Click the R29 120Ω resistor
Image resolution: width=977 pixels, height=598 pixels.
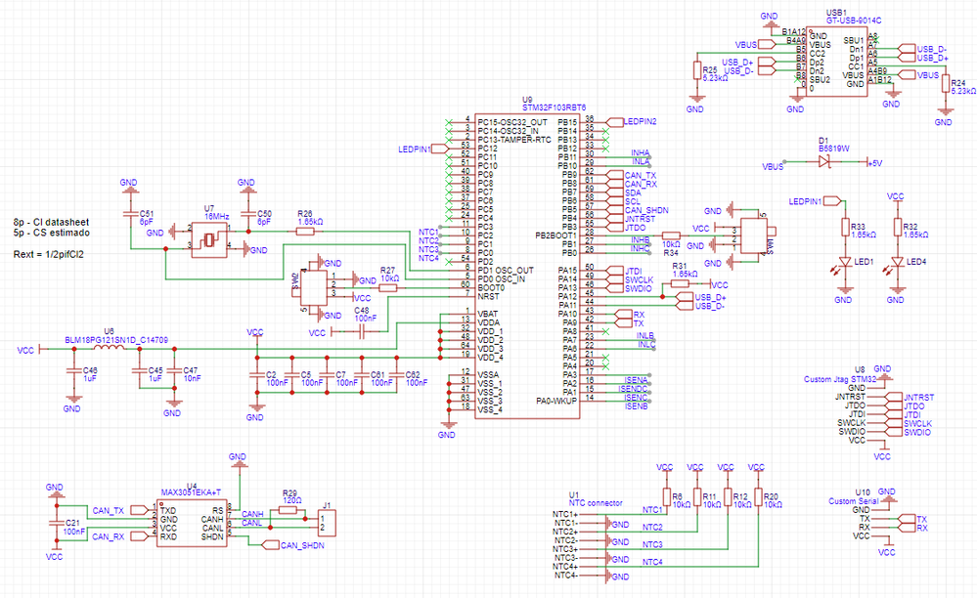[289, 510]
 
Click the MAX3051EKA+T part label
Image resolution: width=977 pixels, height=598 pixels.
[191, 493]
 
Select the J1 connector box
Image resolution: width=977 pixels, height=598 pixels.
[329, 523]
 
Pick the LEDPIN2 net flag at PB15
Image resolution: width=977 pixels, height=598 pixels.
[638, 121]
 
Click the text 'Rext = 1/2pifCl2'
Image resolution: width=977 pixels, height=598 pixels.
[48, 255]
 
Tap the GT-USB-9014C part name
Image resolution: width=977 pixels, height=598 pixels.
[853, 20]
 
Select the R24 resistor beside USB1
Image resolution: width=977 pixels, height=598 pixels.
[944, 86]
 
